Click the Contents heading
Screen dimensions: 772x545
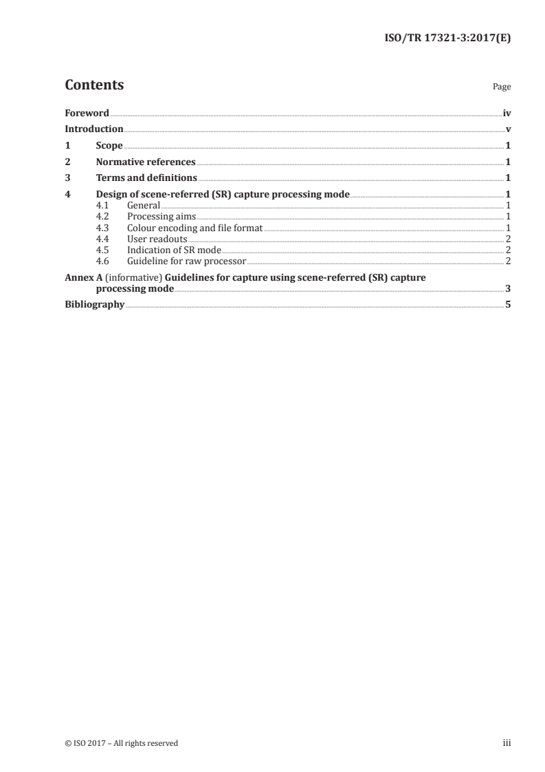(94, 85)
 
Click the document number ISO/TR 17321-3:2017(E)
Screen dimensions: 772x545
(446, 39)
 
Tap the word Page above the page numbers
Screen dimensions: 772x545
(501, 87)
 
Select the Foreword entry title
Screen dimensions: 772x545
(87, 113)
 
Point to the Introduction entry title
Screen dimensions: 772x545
(94, 129)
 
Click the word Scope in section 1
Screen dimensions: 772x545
(109, 146)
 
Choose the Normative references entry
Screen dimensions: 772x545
(146, 162)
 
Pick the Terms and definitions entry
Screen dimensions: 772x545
(146, 179)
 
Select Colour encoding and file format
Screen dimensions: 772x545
(195, 228)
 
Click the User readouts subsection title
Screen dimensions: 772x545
(157, 239)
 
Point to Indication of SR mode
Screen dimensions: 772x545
(174, 250)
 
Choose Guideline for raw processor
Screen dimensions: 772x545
(186, 261)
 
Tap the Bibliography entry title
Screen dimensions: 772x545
(94, 305)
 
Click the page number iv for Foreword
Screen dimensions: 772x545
(507, 113)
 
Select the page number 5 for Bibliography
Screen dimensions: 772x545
(508, 305)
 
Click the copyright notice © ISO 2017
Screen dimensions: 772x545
(121, 743)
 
